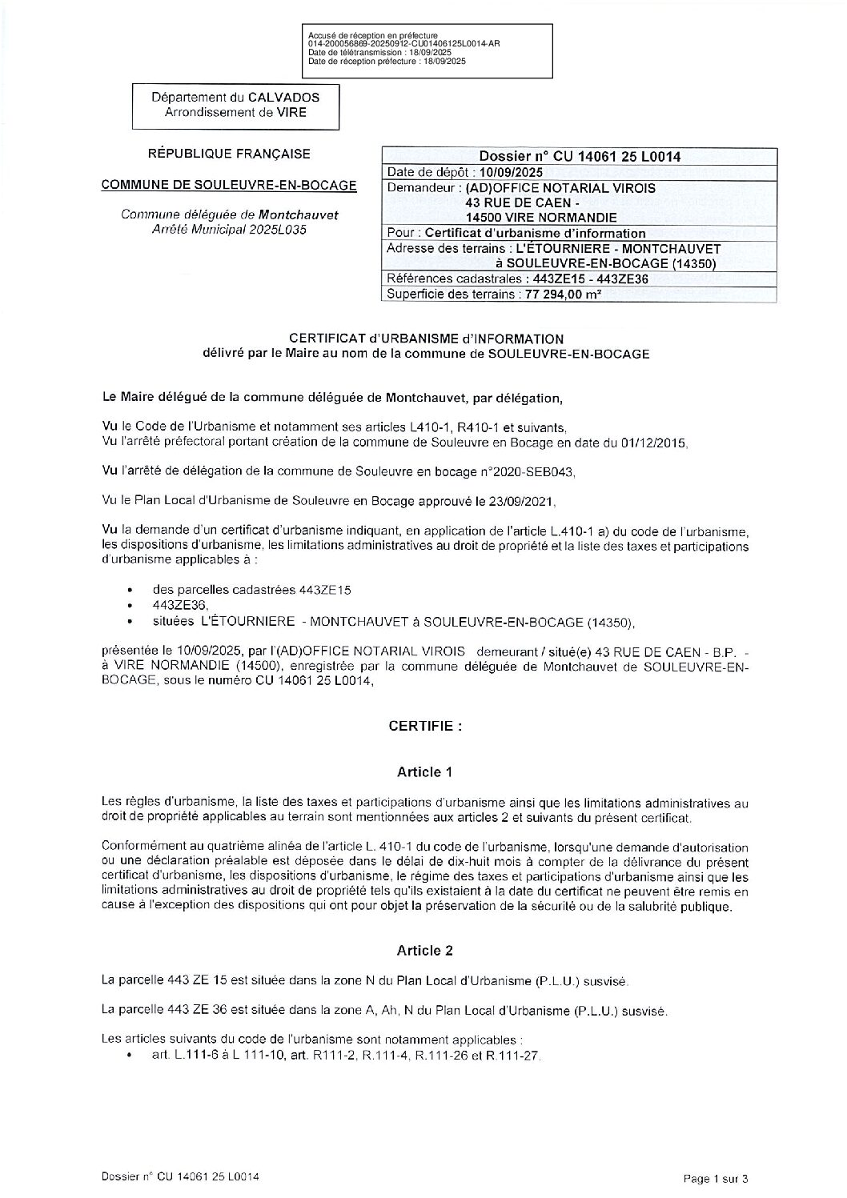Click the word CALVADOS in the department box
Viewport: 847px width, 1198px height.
tap(279, 98)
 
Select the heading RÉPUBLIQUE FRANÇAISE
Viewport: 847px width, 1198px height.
tap(229, 154)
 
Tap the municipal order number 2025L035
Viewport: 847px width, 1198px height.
tap(283, 229)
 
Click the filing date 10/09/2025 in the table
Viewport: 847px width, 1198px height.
tap(511, 172)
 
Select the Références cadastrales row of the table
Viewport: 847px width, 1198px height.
tap(517, 278)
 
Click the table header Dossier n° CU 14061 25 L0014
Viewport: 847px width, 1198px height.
tap(580, 157)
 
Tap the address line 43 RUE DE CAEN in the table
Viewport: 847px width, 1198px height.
tap(524, 202)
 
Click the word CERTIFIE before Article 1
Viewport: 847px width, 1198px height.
tap(425, 727)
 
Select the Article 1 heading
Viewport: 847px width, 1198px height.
tap(424, 772)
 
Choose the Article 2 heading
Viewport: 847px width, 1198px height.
tap(424, 951)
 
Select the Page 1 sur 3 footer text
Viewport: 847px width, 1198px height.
tap(716, 1178)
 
